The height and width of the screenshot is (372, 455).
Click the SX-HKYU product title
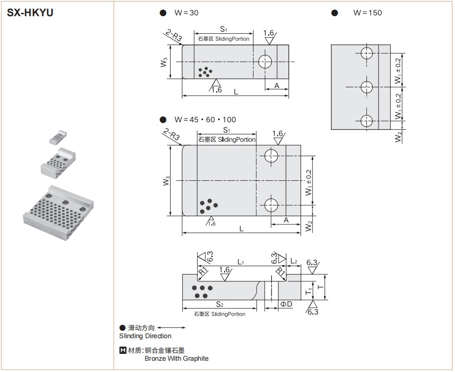pos(30,13)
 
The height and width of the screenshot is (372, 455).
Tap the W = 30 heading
pos(186,13)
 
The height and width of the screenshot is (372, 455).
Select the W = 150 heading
pos(367,13)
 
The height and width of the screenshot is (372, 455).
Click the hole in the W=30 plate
pos(266,61)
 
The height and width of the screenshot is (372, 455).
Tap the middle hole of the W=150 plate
pos(367,87)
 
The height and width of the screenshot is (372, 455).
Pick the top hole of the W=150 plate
pos(367,53)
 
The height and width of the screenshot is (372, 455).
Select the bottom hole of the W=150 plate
pos(367,121)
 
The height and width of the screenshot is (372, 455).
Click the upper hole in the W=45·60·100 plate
pos(271,156)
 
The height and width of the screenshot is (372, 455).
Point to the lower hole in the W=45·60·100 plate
pos(271,204)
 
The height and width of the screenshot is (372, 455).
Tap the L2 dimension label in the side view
pos(294,261)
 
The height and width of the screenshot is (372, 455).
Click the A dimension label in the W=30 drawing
pos(277,85)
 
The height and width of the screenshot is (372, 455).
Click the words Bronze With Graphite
pos(176,358)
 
